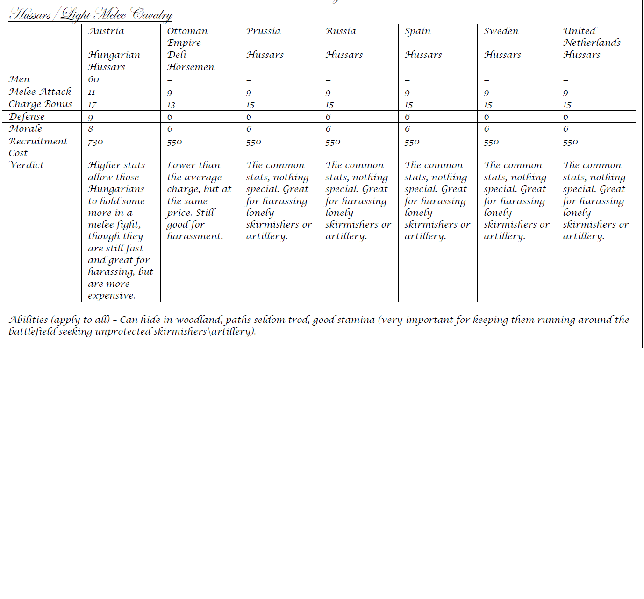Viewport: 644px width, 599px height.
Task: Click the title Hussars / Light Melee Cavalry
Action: (90, 14)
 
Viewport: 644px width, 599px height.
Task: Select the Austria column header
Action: (106, 31)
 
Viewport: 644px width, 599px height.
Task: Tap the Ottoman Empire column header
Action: (187, 36)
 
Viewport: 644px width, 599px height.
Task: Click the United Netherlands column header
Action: (592, 36)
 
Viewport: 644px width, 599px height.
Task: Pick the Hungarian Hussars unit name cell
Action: (114, 61)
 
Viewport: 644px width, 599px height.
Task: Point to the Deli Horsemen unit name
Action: (190, 61)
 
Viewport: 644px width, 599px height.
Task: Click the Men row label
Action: (19, 79)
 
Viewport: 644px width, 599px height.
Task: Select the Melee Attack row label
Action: (40, 92)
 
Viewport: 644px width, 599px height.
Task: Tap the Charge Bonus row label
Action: (41, 104)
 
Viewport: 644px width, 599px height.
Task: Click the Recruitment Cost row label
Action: (38, 147)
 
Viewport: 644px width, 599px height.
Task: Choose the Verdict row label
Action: (27, 165)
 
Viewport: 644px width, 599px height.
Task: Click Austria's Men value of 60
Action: (93, 79)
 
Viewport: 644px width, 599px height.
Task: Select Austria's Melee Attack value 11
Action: (92, 93)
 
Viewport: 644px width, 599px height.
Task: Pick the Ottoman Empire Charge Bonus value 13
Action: (171, 105)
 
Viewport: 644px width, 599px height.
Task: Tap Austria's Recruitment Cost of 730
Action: (95, 142)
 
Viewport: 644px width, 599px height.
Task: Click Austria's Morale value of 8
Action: (91, 129)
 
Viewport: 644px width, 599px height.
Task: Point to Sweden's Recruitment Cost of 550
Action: (491, 142)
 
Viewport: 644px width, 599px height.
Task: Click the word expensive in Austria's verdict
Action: (111, 296)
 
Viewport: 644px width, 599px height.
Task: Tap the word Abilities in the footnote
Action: (29, 320)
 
